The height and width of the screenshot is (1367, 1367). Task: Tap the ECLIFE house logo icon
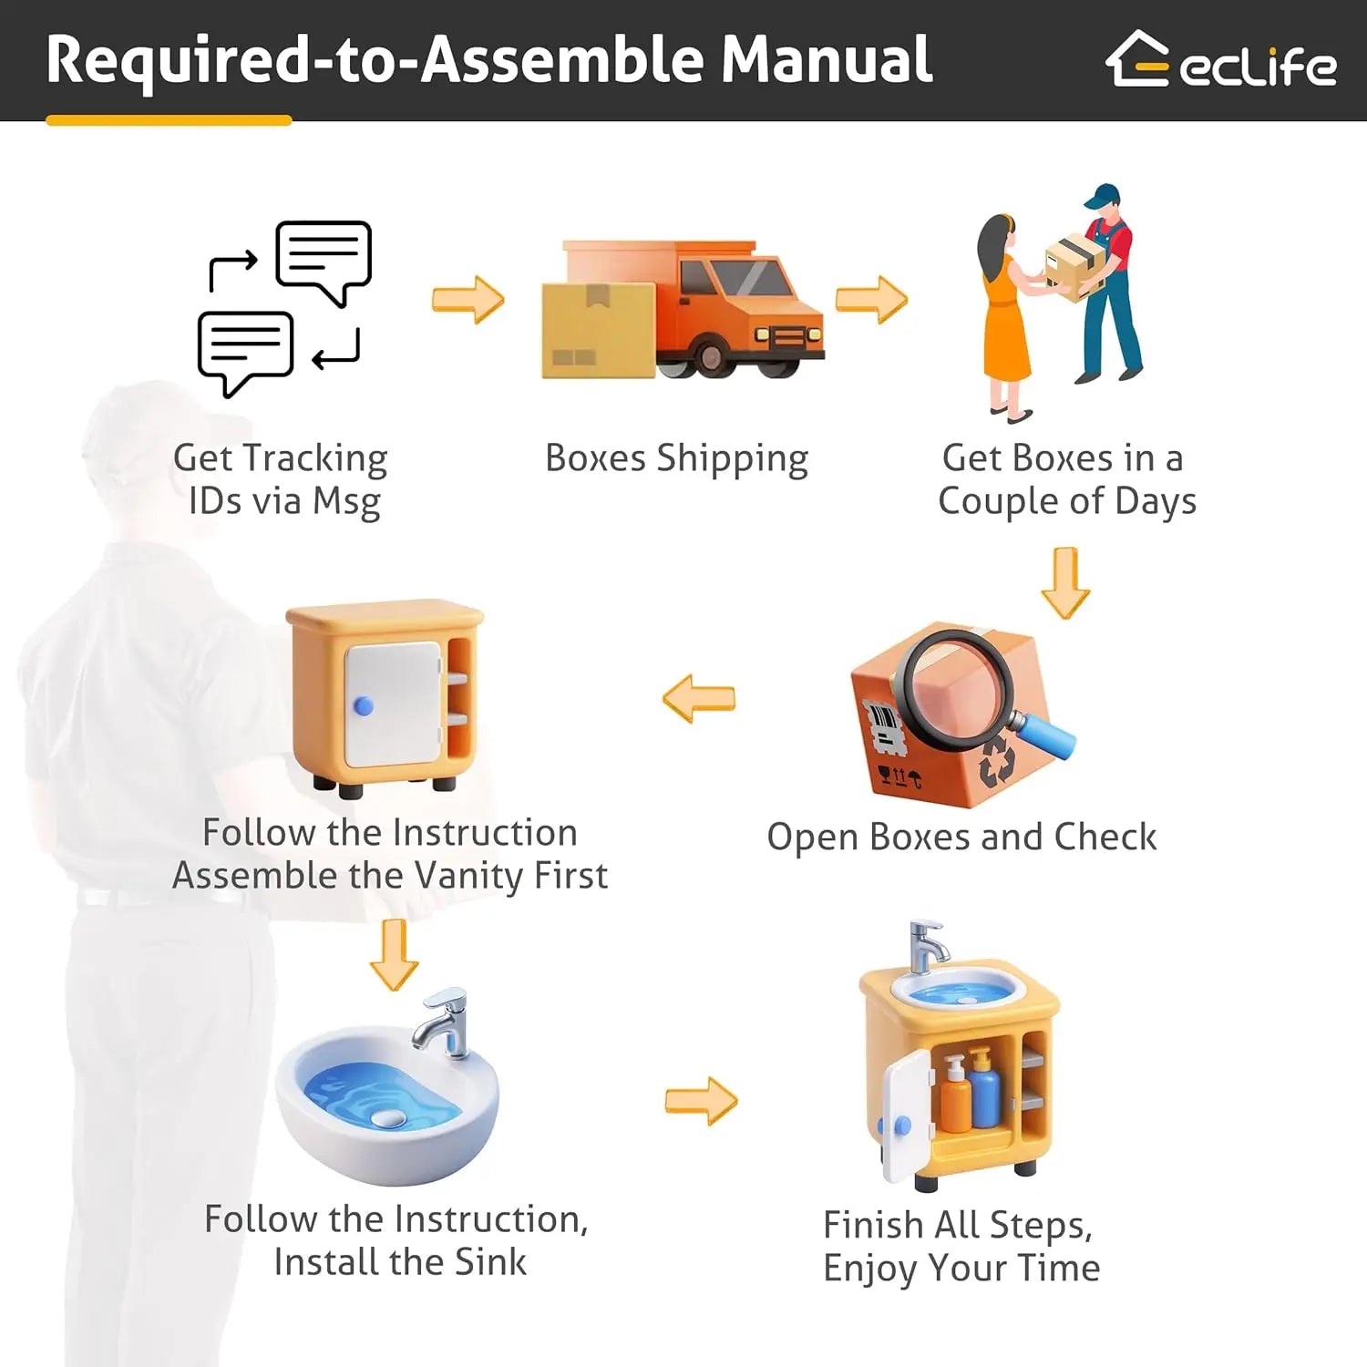[x=1137, y=60]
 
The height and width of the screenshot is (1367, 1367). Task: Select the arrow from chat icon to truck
[x=468, y=299]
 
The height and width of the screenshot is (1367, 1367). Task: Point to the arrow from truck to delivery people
[x=871, y=299]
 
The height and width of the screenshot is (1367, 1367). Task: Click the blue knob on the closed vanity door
[x=363, y=705]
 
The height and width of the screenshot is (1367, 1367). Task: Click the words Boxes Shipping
[x=676, y=458]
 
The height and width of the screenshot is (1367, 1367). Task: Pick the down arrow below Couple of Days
[x=1065, y=583]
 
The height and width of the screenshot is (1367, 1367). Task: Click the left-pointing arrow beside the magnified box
[x=698, y=699]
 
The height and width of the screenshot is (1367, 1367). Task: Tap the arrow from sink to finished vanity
[x=701, y=1101]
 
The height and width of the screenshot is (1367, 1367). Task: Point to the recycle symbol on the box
[x=996, y=761]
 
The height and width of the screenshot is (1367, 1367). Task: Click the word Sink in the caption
[x=490, y=1262]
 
